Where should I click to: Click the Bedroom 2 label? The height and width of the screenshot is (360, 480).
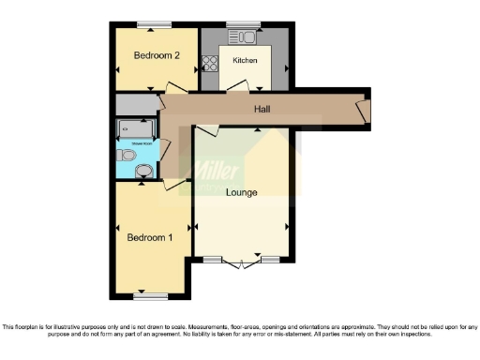(x=157, y=55)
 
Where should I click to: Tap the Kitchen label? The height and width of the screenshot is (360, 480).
(x=246, y=61)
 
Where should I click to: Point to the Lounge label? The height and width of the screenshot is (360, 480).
(x=242, y=192)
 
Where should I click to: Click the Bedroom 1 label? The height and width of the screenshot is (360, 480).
(x=150, y=238)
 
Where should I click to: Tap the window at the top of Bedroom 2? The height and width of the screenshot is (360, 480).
(x=154, y=24)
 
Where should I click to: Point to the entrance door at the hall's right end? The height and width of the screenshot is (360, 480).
(x=364, y=110)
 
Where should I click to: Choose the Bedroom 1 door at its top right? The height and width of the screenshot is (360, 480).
(x=174, y=186)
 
